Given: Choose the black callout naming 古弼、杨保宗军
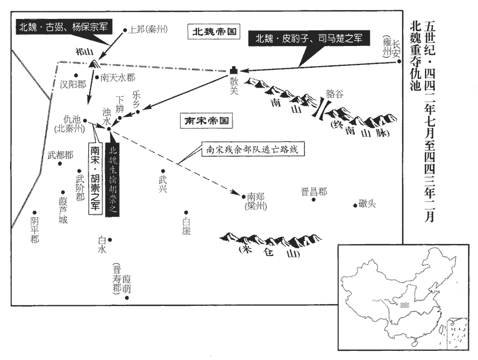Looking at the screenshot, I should point(63,25).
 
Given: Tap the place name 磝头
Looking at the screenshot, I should point(366,204).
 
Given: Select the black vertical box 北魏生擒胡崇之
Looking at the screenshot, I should point(113,179).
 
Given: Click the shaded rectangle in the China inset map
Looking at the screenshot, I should point(403,305).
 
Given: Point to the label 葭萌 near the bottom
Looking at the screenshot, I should point(127,283).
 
